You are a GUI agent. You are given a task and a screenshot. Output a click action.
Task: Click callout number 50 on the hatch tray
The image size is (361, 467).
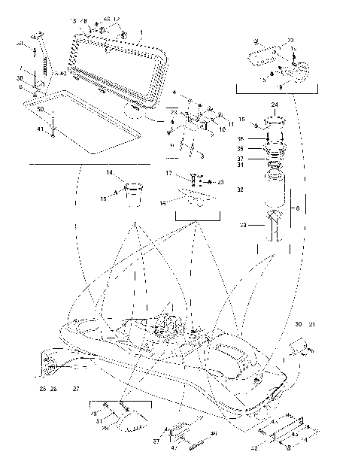click(40, 111)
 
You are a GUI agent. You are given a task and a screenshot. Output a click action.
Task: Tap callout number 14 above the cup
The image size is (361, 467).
click(109, 173)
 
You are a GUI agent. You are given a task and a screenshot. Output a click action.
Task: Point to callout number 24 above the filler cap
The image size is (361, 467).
click(275, 105)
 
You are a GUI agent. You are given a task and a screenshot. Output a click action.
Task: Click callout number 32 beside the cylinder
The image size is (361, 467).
click(239, 190)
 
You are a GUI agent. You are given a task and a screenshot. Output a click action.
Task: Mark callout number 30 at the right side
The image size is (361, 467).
click(299, 324)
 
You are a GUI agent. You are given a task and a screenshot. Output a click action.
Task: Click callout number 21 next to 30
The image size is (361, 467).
click(312, 324)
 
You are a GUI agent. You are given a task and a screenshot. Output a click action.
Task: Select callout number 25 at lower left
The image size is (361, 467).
click(42, 389)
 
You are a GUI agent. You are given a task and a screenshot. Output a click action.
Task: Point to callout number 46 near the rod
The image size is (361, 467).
click(214, 434)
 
